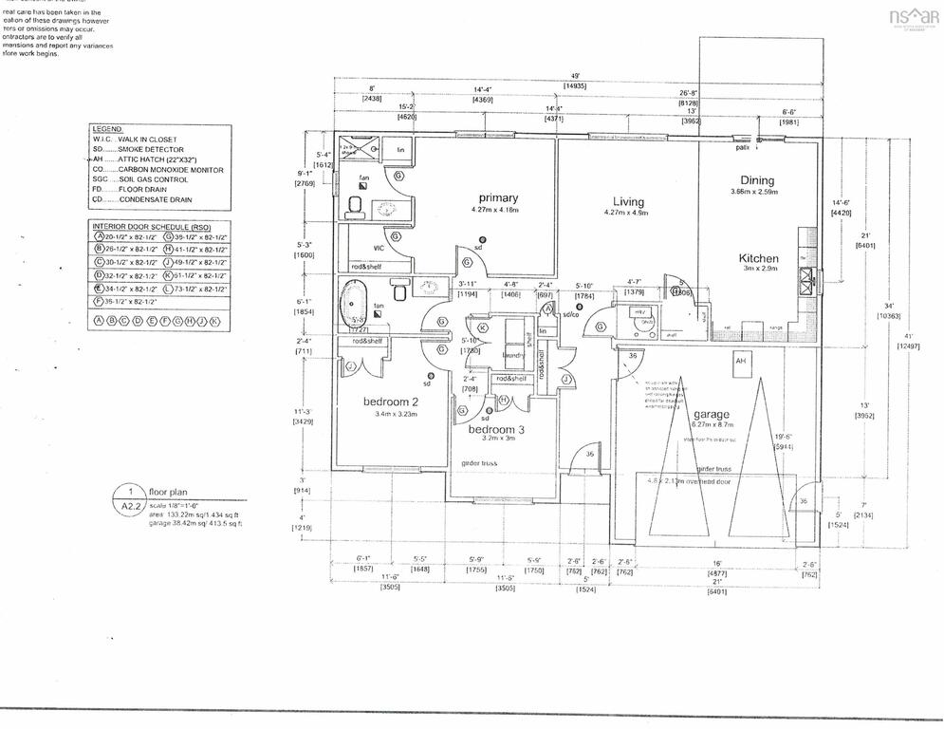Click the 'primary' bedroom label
coord(498,197)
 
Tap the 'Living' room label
coord(628,201)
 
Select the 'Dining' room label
coord(757,180)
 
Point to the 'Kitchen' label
coord(759,258)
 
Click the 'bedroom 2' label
coord(390,402)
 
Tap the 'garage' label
coord(711,414)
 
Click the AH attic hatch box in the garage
coord(740,361)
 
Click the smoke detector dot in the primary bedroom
coord(483,239)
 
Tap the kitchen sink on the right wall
coord(807,277)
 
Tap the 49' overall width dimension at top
coord(575,76)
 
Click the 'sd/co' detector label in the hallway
coord(570,313)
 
